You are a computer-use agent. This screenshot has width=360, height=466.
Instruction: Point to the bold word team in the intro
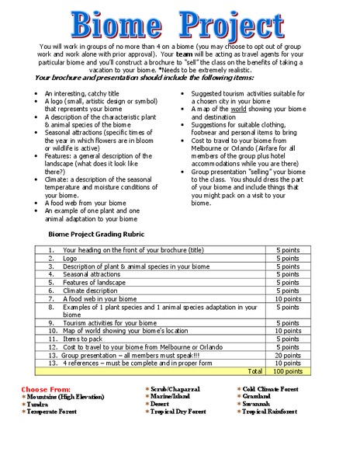point(185,57)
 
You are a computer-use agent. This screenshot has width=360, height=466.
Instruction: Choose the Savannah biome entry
point(259,404)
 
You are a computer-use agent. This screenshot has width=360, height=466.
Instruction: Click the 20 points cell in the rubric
point(287,354)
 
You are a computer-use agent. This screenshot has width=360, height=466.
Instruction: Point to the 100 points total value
point(287,371)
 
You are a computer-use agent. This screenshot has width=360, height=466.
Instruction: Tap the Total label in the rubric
point(253,371)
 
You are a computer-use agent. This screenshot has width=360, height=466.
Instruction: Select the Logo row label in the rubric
point(71,258)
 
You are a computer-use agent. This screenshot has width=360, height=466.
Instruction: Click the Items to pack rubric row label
point(83,339)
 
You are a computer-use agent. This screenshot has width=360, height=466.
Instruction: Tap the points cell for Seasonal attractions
point(287,274)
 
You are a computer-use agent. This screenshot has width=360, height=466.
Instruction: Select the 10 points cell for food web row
point(287,298)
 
